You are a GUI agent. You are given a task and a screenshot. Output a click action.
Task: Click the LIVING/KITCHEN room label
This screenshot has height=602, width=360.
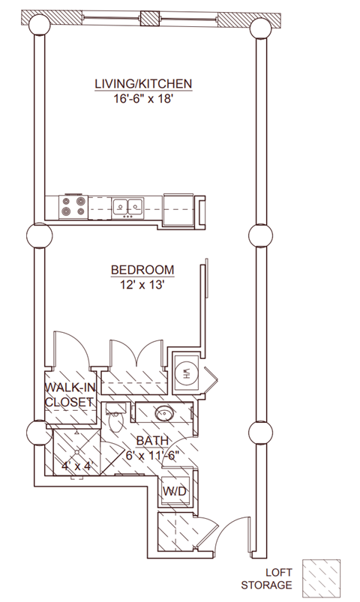pyautogui.click(x=143, y=84)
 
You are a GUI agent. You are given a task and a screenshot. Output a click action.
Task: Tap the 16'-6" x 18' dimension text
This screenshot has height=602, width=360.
pyautogui.click(x=142, y=100)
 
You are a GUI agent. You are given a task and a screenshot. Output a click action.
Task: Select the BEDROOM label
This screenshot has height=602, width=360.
pyautogui.click(x=142, y=270)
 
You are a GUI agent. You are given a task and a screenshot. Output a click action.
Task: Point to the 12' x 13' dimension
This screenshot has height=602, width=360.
pyautogui.click(x=142, y=286)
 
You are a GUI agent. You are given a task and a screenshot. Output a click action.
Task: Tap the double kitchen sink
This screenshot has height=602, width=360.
pyautogui.click(x=128, y=208)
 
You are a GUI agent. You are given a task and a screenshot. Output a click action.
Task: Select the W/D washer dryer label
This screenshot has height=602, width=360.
pyautogui.click(x=174, y=490)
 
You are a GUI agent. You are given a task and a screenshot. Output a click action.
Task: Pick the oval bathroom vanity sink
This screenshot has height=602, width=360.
pyautogui.click(x=165, y=413)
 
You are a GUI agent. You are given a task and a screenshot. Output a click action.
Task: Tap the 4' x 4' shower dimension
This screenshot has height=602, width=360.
pyautogui.click(x=77, y=466)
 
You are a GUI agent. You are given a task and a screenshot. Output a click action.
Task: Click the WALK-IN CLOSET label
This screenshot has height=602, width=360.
pyautogui.click(x=70, y=394)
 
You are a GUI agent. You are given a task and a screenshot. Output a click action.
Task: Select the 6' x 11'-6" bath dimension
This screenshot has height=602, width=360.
pyautogui.click(x=153, y=456)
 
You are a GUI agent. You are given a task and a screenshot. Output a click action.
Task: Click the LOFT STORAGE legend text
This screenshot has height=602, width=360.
pyautogui.click(x=267, y=579)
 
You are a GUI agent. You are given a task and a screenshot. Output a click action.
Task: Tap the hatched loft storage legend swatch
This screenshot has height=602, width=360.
pyautogui.click(x=321, y=579)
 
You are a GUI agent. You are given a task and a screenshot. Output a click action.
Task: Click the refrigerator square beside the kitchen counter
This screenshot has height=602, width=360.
pyautogui.click(x=178, y=210)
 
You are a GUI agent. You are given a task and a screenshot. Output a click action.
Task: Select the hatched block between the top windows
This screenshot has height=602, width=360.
pyautogui.click(x=150, y=19)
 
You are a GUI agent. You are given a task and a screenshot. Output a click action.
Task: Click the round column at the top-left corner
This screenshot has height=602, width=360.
pyautogui.click(x=39, y=25)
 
